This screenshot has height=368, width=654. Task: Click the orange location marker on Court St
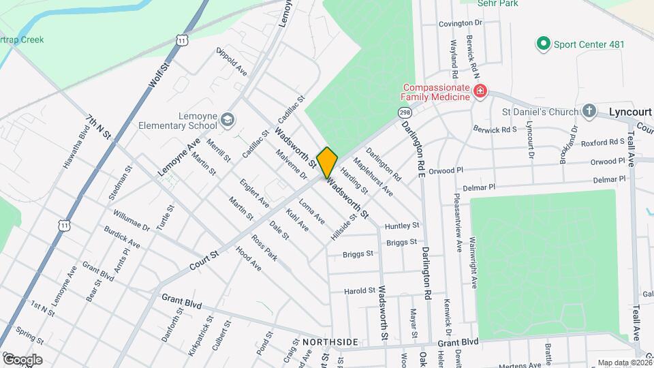tap(327, 162)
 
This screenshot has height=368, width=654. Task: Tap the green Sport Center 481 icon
tap(544, 45)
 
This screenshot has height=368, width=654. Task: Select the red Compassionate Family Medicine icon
tap(480, 91)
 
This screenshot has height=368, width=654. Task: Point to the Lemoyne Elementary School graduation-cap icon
tap(227, 121)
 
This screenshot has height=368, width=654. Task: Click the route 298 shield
tap(405, 111)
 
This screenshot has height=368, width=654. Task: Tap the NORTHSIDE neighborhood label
tap(330, 341)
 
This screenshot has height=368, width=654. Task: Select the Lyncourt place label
tap(630, 111)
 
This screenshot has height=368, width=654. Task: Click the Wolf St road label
tap(158, 76)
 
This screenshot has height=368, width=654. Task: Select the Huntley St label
tap(402, 225)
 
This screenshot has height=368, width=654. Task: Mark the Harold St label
tap(359, 290)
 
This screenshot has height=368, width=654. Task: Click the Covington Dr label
tap(460, 23)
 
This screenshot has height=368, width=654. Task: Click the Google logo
tap(22, 359)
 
